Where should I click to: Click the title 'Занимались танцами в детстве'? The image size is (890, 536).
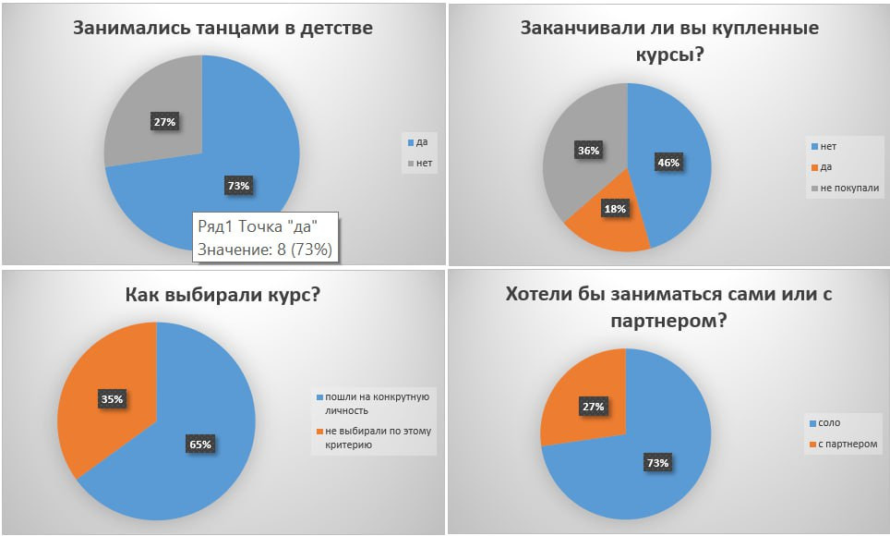(x=222, y=28)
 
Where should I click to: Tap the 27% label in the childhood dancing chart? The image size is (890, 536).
(x=165, y=121)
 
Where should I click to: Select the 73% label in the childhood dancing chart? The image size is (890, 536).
(x=238, y=185)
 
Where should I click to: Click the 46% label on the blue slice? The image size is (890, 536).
(x=667, y=163)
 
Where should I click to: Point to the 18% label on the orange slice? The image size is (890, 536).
(x=615, y=209)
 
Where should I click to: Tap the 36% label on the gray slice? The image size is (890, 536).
(x=588, y=150)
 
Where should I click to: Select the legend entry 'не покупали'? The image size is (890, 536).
(x=844, y=189)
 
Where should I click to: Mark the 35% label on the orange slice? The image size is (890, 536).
(x=112, y=399)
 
